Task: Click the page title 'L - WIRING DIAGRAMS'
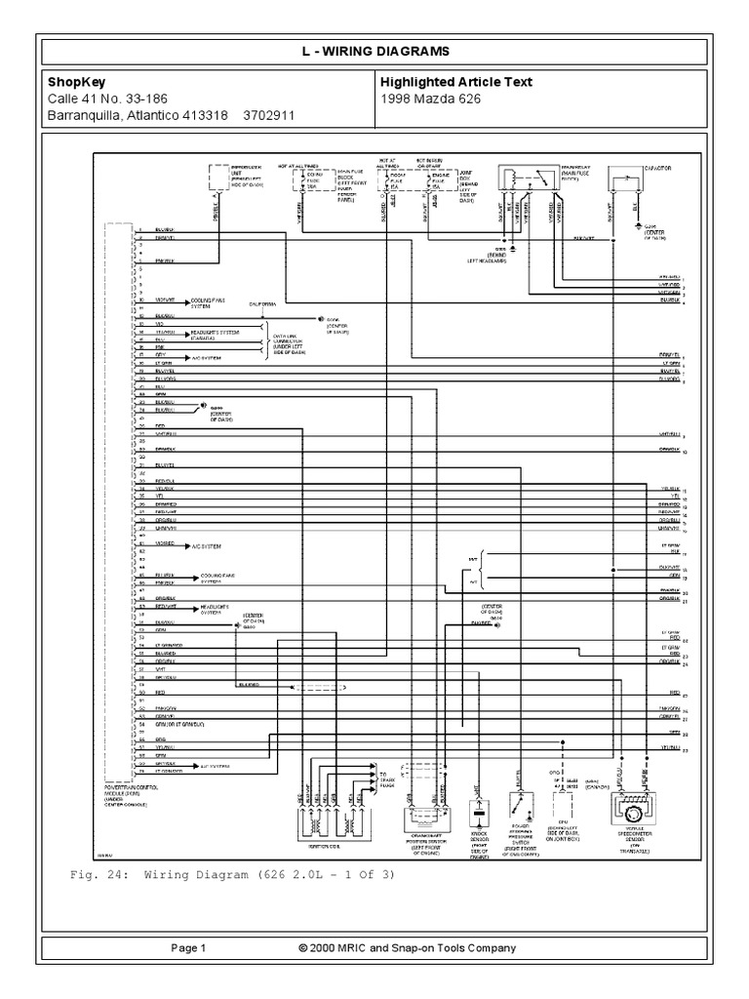(x=374, y=51)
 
